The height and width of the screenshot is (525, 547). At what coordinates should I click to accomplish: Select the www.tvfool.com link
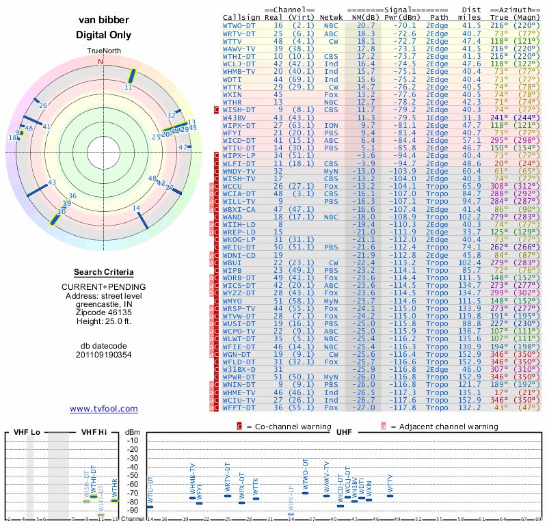[104, 409]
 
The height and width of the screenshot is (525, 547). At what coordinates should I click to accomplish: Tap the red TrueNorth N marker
[101, 61]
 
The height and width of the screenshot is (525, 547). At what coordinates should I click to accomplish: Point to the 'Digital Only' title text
[104, 35]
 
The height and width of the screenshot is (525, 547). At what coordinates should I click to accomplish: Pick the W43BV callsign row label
[237, 118]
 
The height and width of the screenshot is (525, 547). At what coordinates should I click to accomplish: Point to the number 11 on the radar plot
[128, 87]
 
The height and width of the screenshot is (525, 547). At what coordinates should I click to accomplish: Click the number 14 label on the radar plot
[136, 208]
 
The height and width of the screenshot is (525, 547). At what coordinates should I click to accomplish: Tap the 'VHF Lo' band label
[26, 433]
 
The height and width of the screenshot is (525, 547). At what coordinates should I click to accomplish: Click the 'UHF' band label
[345, 433]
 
